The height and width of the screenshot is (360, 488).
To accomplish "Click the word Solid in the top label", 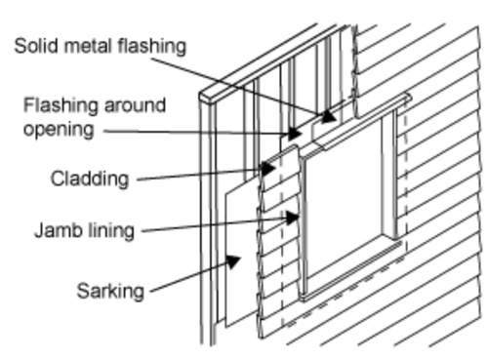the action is coord(37,46).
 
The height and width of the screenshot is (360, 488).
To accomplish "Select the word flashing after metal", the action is coord(152,47).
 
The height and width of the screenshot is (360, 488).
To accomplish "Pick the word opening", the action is coord(59,131).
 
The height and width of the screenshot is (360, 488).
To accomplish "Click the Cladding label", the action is coord(90,180).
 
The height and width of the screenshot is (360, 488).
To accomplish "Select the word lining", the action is coord(110,231).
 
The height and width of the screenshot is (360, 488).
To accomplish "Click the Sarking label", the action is coord(110,291).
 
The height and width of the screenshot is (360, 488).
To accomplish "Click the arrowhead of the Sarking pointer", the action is coord(232,260).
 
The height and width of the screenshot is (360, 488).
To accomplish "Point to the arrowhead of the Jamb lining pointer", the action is coord(292,218).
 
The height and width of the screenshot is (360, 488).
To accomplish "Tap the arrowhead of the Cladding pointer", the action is coord(268,169).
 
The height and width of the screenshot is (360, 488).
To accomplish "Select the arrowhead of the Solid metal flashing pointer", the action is coord(329,116).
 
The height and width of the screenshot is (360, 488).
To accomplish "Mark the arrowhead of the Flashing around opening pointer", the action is coord(295,134).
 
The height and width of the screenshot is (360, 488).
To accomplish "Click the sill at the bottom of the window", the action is coord(351,270).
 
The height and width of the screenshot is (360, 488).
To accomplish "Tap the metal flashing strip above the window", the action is coord(361,123).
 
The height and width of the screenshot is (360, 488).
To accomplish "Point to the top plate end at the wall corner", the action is coord(207,98).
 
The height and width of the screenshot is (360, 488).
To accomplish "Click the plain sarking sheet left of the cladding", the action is coord(241,257).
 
